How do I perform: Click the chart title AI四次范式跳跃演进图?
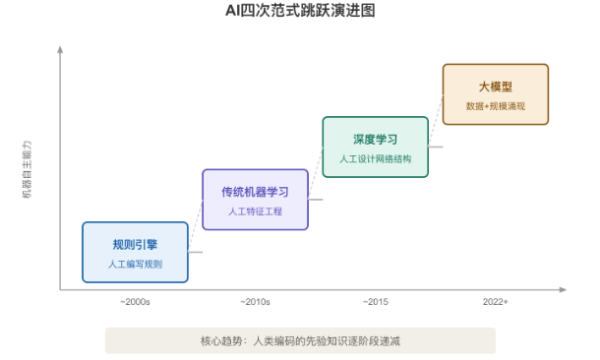300,11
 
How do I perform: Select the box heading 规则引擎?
135,245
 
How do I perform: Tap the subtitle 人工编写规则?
135,264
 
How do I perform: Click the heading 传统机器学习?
255,192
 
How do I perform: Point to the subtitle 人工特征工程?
255,211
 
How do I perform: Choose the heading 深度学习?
376,140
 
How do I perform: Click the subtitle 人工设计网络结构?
376,158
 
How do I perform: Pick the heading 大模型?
496,87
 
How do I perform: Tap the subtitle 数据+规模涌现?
496,106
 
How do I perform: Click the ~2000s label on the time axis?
135,302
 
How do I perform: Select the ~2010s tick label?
255,302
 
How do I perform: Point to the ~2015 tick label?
376,302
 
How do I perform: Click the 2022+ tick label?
496,302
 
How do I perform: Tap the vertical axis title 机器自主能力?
27,169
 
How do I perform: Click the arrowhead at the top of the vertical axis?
60,49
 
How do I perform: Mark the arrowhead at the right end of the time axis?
563,289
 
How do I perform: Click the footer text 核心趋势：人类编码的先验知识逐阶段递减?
300,340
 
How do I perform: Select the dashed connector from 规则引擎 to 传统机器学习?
195,225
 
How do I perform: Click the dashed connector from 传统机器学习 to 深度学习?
316,173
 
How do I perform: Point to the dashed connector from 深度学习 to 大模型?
436,121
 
